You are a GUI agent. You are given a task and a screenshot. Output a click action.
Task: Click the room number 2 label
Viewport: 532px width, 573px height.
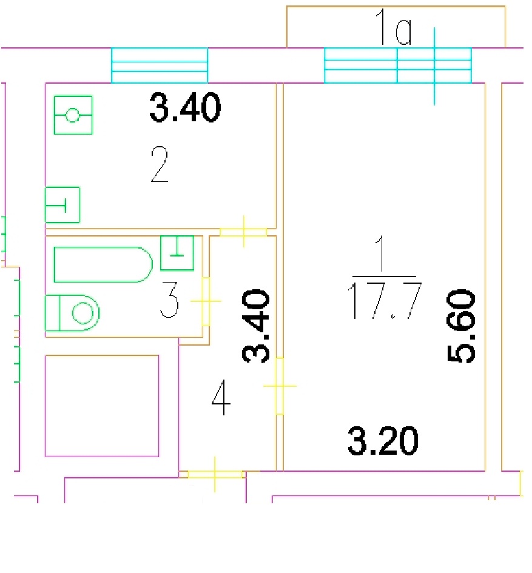point(160,164)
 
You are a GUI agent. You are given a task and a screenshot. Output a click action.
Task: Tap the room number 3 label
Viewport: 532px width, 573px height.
point(170,300)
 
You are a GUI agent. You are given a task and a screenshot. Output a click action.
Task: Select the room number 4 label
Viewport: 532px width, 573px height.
point(221,398)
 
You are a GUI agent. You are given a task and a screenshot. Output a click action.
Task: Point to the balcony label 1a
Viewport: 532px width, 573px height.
point(394,27)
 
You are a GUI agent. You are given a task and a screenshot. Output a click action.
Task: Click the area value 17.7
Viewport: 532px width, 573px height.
point(385,300)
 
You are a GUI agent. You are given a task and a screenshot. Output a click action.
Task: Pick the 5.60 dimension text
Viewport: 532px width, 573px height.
point(462,326)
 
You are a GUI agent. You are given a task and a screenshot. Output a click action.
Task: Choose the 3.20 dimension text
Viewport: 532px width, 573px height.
point(383,441)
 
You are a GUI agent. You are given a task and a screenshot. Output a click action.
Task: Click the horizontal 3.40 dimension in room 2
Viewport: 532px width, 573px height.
point(185,107)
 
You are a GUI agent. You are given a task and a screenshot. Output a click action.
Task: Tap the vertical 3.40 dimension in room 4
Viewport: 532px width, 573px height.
point(256,326)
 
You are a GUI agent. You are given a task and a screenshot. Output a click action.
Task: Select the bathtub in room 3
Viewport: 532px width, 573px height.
point(104,264)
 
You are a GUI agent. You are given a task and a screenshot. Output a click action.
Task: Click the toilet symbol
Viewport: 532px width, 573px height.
point(72,313)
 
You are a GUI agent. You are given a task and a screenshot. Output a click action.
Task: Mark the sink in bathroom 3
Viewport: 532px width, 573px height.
point(177,253)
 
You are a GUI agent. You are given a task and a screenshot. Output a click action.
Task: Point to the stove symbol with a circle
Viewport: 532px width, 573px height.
point(73,115)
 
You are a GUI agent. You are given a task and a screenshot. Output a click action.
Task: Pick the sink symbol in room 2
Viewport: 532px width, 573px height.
point(62,205)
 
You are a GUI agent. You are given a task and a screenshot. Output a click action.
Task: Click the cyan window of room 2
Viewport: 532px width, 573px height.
point(160,65)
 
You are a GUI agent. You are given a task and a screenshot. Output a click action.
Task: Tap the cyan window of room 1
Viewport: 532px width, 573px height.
point(398,65)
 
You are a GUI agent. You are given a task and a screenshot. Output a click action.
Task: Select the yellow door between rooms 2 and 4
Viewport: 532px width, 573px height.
point(243,232)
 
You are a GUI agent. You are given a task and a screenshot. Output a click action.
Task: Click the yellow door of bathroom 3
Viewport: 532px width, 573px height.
point(206,301)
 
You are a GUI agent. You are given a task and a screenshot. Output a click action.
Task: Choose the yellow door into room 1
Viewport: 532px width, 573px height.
point(280,386)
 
